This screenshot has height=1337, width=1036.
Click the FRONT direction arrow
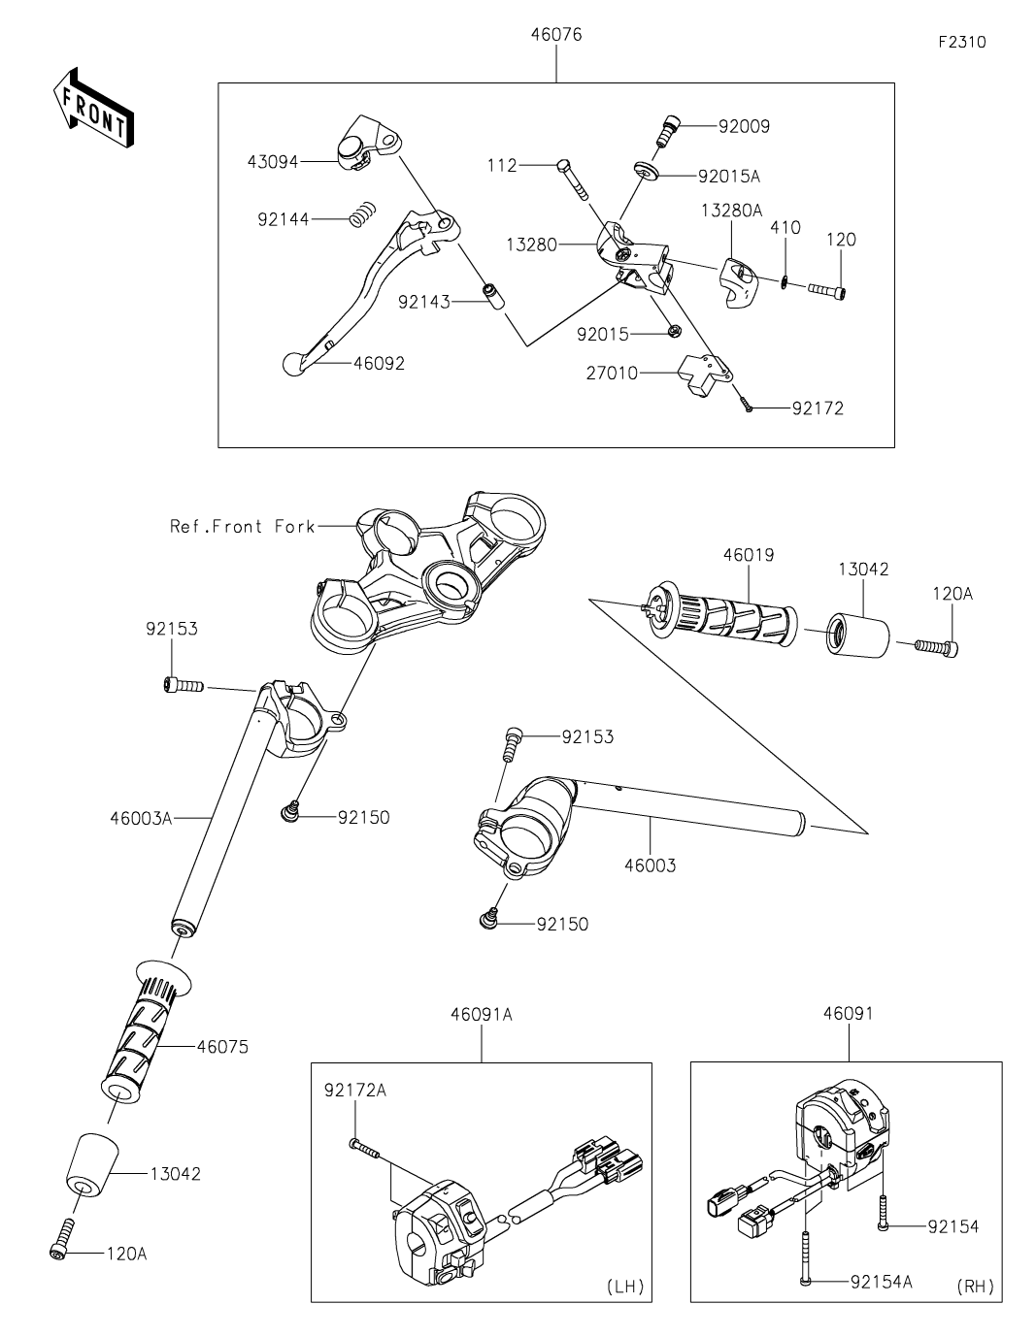pyautogui.click(x=92, y=108)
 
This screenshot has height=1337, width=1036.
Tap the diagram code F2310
pyautogui.click(x=961, y=43)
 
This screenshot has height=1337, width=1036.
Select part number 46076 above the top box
pyautogui.click(x=556, y=35)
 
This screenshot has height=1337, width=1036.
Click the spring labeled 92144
pyautogui.click(x=362, y=213)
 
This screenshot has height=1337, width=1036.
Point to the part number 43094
pyautogui.click(x=272, y=162)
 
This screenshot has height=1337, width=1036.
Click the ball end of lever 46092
pyautogui.click(x=291, y=365)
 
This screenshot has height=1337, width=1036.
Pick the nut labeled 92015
pyautogui.click(x=671, y=333)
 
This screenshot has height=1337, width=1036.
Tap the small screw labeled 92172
pyautogui.click(x=748, y=408)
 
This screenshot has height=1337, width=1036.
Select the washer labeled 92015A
pyautogui.click(x=648, y=173)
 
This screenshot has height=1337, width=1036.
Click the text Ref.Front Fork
pyautogui.click(x=243, y=526)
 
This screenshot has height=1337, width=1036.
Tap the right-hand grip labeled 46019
pyautogui.click(x=728, y=619)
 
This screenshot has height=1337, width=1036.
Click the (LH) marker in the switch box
pyautogui.click(x=624, y=1287)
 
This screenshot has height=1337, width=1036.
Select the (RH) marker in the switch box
pyautogui.click(x=975, y=1287)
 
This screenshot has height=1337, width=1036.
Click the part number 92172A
pyautogui.click(x=355, y=1091)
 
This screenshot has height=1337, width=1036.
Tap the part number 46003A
pyautogui.click(x=140, y=818)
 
